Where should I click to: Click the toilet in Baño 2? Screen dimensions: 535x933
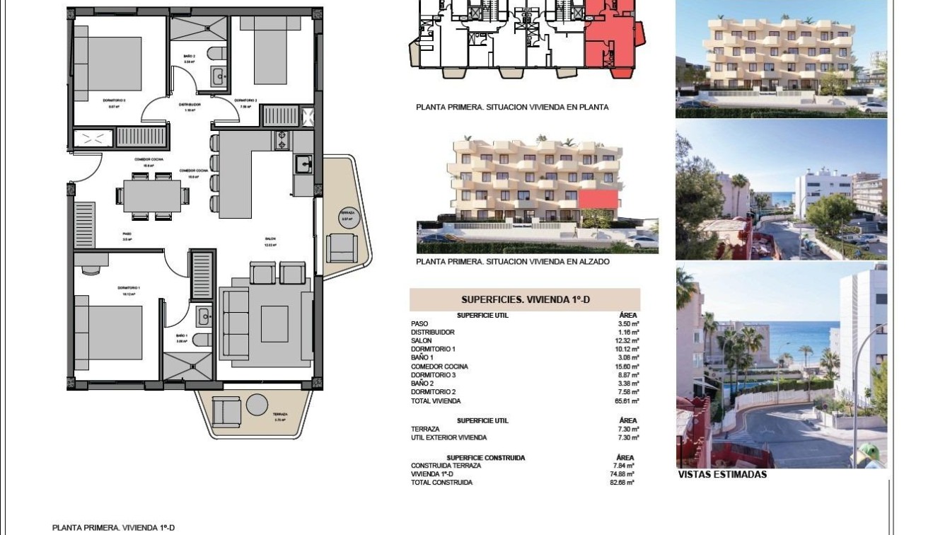[216, 54]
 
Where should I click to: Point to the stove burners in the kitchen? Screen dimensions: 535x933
[282, 140]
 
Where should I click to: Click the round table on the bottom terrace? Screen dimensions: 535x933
[257, 405]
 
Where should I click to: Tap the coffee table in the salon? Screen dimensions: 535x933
[274, 324]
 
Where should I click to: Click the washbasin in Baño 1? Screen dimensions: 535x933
[202, 315]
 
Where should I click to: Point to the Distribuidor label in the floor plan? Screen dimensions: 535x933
[189, 105]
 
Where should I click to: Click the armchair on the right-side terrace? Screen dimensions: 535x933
[341, 247]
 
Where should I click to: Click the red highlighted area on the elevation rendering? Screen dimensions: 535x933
[599, 198]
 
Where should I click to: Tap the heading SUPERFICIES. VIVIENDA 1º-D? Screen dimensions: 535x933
[525, 300]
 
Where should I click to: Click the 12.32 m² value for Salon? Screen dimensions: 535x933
[629, 341]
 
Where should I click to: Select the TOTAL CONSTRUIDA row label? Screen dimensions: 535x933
[441, 483]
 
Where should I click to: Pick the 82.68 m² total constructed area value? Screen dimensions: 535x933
[623, 483]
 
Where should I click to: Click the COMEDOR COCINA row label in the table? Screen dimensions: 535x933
[439, 367]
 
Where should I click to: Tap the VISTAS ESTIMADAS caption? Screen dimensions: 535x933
[722, 475]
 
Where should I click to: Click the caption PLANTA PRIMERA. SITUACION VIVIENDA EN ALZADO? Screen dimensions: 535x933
[513, 261]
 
